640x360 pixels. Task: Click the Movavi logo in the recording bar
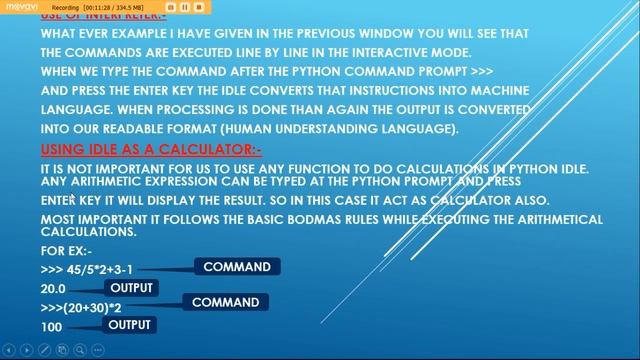pos(22,6)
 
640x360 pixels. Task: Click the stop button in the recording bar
pos(199,6)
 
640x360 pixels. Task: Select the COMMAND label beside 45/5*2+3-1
pos(237,267)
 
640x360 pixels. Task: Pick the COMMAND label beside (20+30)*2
pos(225,302)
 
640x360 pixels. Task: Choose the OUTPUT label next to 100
pos(129,325)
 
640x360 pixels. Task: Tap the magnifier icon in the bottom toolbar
pos(79,350)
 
